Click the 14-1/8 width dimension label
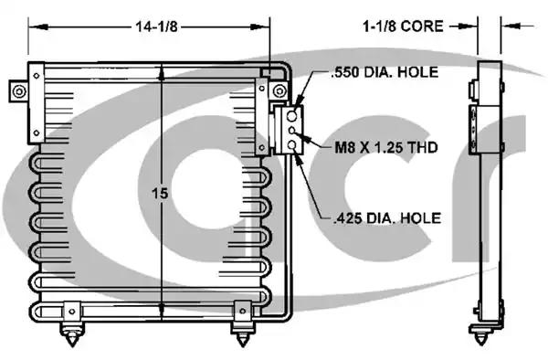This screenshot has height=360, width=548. [x=156, y=26]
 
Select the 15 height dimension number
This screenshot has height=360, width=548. [x=160, y=194]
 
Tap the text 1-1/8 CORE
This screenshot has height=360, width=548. [x=403, y=26]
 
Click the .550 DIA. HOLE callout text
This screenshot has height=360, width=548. [x=385, y=72]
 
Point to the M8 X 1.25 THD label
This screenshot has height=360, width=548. [x=386, y=147]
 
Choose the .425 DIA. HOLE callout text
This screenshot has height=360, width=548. [x=387, y=218]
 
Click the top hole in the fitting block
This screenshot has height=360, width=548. [x=291, y=116]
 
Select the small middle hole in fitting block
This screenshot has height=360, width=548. [x=292, y=131]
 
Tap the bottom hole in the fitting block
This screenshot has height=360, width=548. [x=292, y=144]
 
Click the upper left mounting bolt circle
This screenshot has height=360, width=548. [x=19, y=92]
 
